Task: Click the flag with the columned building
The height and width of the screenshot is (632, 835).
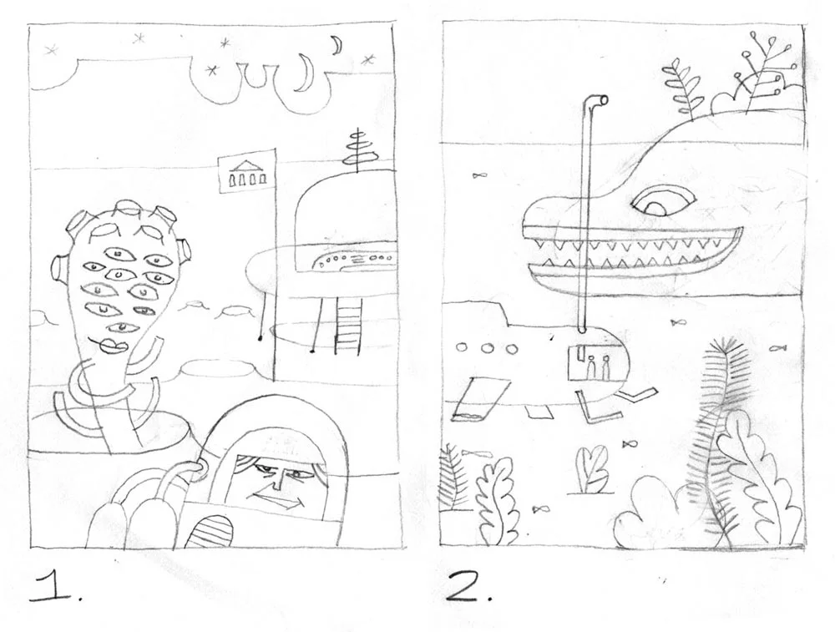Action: [x=243, y=174]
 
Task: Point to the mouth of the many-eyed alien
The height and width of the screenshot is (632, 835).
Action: [x=111, y=345]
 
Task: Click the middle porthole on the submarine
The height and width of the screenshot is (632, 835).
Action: [x=487, y=349]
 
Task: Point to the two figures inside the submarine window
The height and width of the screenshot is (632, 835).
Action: [x=598, y=367]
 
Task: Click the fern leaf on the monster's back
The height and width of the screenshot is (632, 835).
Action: [x=679, y=88]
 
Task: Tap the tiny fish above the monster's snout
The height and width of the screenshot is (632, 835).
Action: [x=478, y=175]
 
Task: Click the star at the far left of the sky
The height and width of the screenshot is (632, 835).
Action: [x=52, y=51]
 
